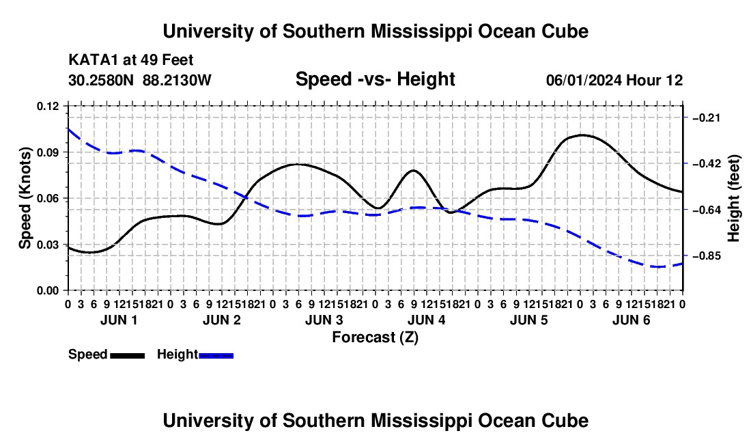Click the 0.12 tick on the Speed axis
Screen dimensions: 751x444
click(48, 107)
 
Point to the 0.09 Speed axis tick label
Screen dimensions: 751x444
click(48, 152)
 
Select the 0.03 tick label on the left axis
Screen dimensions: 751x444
click(48, 245)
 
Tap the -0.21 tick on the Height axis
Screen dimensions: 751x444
click(707, 117)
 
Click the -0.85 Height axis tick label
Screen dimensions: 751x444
click(707, 255)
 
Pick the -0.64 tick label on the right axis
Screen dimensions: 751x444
click(707, 210)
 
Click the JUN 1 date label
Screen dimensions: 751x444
click(119, 320)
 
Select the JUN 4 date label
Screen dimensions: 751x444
click(426, 320)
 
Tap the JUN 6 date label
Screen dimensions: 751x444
click(632, 320)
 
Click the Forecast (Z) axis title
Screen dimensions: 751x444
click(375, 337)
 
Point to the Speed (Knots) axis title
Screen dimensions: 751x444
click(25, 198)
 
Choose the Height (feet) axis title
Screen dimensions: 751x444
click(733, 198)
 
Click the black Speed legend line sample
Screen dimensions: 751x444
click(128, 356)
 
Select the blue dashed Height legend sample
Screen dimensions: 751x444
click(216, 356)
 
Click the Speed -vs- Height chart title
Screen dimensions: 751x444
click(375, 79)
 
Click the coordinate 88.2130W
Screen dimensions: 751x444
click(177, 80)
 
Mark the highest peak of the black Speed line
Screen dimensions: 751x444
click(582, 135)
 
